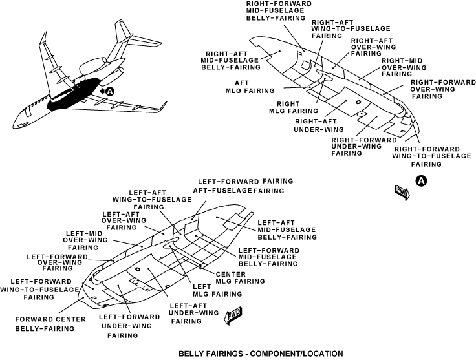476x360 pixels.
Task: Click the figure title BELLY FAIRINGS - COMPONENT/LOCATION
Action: coord(260,354)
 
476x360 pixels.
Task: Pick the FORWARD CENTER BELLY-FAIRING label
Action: coord(45,323)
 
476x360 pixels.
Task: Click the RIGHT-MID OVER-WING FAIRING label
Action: coord(404,67)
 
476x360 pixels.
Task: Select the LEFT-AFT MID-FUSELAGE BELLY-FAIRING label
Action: coord(287,229)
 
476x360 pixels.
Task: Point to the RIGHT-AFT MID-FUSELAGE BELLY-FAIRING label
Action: coord(230,59)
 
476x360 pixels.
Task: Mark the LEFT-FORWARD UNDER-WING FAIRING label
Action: coord(129,326)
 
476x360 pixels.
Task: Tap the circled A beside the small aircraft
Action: coord(110,92)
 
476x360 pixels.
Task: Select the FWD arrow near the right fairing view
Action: coord(401,191)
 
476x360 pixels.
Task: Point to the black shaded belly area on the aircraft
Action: coord(74,94)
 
